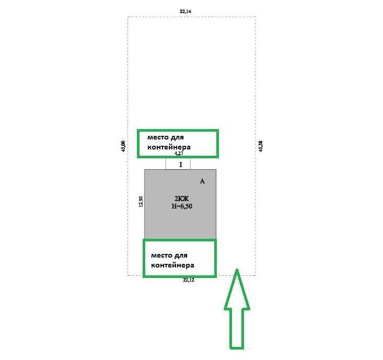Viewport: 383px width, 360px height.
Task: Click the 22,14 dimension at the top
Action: pos(185,11)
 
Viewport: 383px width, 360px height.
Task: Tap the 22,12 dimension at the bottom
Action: pos(189,280)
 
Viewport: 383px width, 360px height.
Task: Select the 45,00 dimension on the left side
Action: pos(123,146)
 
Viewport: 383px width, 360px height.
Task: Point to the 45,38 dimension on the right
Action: pos(261,146)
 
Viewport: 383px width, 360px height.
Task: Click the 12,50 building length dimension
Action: pos(141,202)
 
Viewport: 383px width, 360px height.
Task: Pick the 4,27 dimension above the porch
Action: pos(179,154)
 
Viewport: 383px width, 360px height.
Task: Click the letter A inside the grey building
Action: pos(202,181)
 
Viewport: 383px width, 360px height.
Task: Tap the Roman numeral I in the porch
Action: pos(181,165)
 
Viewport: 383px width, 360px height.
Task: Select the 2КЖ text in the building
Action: pos(182,199)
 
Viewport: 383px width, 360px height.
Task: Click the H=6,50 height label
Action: pos(182,206)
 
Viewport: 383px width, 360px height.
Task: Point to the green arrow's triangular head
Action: pos(237,289)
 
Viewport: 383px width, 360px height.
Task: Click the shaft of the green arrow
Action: pos(237,329)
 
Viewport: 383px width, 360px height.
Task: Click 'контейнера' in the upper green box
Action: pos(169,147)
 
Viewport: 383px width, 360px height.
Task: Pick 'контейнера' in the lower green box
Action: pos(172,265)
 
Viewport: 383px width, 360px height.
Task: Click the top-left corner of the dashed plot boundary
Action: pos(127,17)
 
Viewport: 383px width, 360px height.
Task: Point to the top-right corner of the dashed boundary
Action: pos(256,17)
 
